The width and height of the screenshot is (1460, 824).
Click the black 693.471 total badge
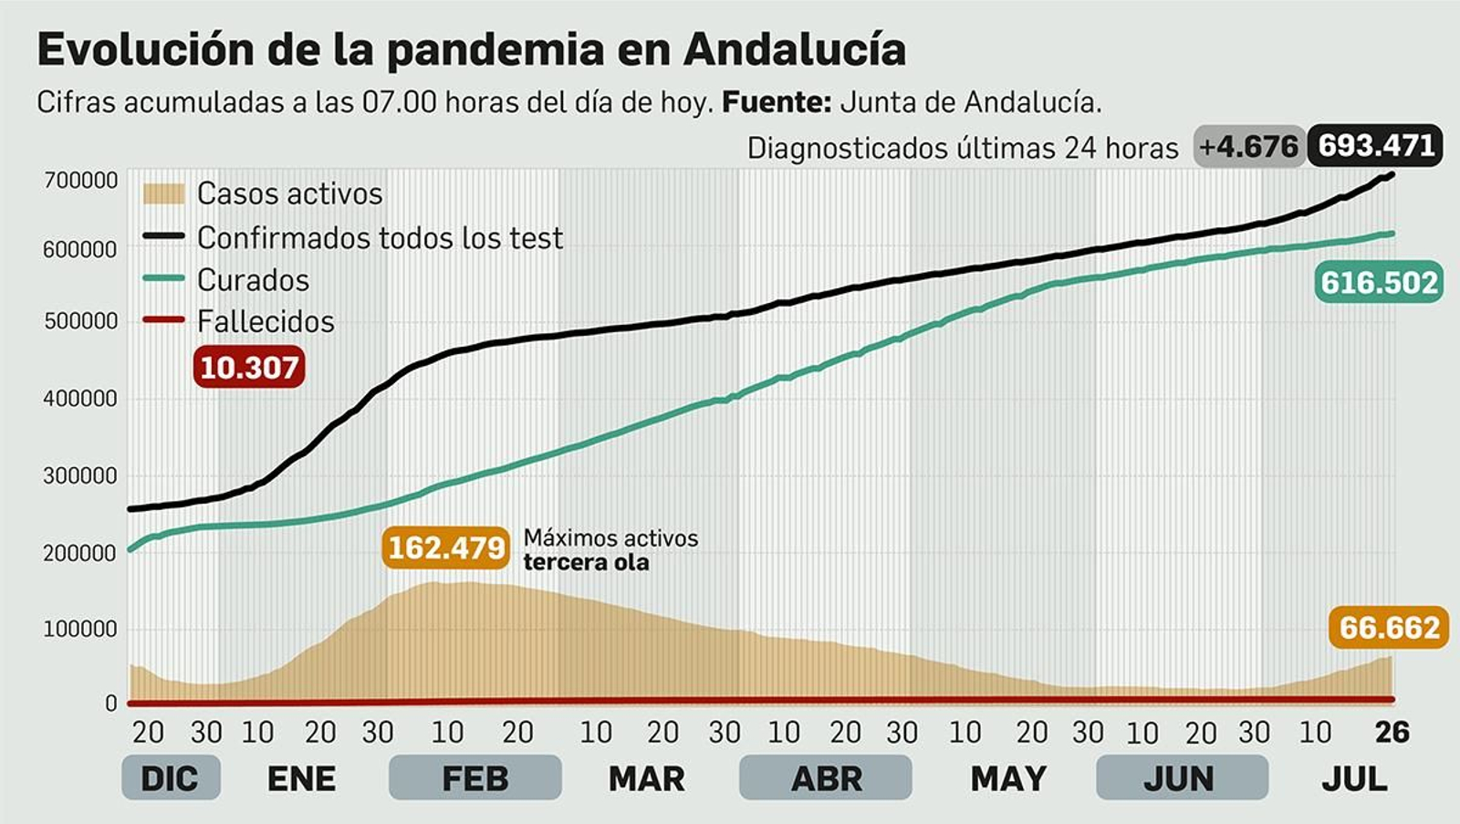(x=1375, y=145)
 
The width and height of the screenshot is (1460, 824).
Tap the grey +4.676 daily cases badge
(x=1247, y=147)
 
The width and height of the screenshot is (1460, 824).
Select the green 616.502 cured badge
(x=1379, y=282)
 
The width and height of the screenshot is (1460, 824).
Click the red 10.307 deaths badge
(x=249, y=367)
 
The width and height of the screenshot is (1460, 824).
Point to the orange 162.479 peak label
(x=446, y=548)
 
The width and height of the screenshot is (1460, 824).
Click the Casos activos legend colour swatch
(x=164, y=193)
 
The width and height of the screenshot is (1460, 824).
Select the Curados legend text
(x=253, y=280)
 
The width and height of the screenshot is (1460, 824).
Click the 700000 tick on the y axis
(x=81, y=181)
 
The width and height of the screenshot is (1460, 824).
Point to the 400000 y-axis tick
(x=80, y=399)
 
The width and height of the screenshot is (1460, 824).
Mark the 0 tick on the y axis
(x=111, y=704)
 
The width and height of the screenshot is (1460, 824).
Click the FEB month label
(x=474, y=778)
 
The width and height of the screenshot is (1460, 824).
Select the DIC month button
(x=170, y=778)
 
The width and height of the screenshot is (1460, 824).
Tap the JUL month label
(x=1354, y=778)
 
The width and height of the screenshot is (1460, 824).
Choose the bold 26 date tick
(x=1392, y=732)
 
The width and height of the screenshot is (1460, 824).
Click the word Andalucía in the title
(x=794, y=49)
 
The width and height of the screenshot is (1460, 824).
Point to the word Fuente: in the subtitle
(x=776, y=102)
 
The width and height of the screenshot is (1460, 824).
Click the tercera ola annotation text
(x=586, y=562)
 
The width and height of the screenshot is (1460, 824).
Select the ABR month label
(x=826, y=778)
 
